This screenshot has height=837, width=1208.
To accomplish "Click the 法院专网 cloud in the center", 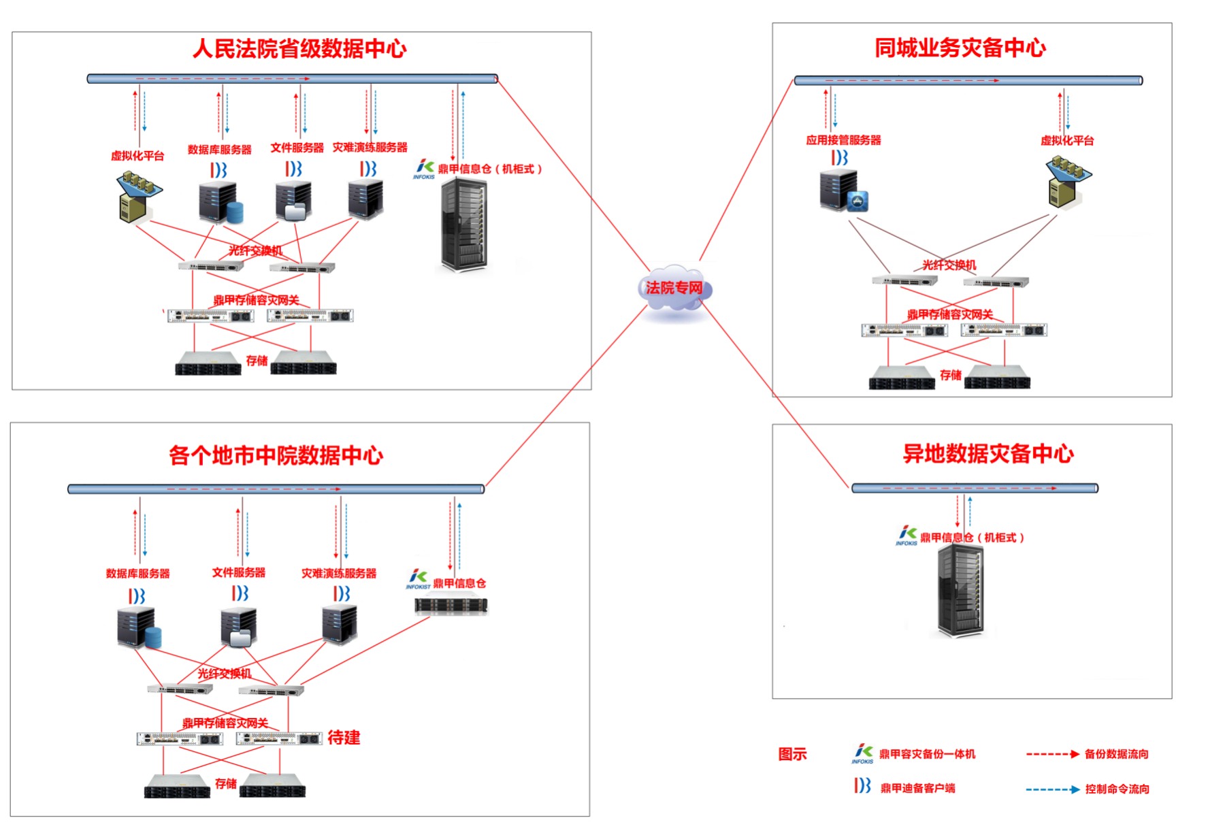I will [674, 289].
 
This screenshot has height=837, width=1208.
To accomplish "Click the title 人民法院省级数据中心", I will [299, 49].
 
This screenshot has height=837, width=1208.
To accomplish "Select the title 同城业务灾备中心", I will [960, 48].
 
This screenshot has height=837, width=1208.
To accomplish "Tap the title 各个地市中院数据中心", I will [276, 455].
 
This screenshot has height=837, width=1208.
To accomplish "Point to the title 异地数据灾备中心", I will [988, 454].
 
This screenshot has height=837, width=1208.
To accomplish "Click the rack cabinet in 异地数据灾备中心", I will [960, 590].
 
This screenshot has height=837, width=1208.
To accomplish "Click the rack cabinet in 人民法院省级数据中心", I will [463, 225].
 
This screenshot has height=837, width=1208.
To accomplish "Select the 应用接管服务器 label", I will [843, 140].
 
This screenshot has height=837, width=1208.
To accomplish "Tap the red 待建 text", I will [344, 738].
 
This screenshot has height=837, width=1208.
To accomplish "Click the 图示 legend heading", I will [792, 754].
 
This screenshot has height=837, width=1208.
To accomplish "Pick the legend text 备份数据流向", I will [1116, 754].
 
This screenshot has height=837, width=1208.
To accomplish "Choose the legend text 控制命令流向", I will [1117, 789].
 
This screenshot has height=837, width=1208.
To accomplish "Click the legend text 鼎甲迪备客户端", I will [917, 788].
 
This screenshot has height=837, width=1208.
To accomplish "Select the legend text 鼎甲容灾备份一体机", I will [927, 754].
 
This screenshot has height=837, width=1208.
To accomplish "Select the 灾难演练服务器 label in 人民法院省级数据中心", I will [370, 148].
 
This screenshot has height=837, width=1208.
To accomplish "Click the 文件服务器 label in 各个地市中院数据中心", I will [239, 573].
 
